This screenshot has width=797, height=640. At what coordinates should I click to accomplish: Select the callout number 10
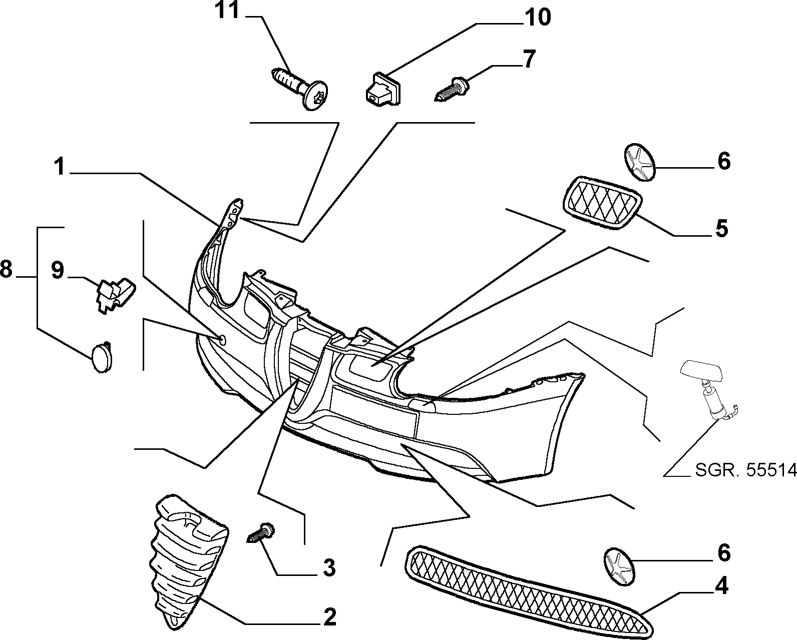click(x=537, y=18)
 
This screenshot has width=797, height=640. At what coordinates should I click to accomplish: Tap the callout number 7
click(x=529, y=59)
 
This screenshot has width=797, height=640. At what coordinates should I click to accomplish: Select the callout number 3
click(x=329, y=567)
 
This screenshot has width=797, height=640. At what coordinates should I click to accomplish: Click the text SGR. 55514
click(x=745, y=470)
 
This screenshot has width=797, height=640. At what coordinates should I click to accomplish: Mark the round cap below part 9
click(x=102, y=357)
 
